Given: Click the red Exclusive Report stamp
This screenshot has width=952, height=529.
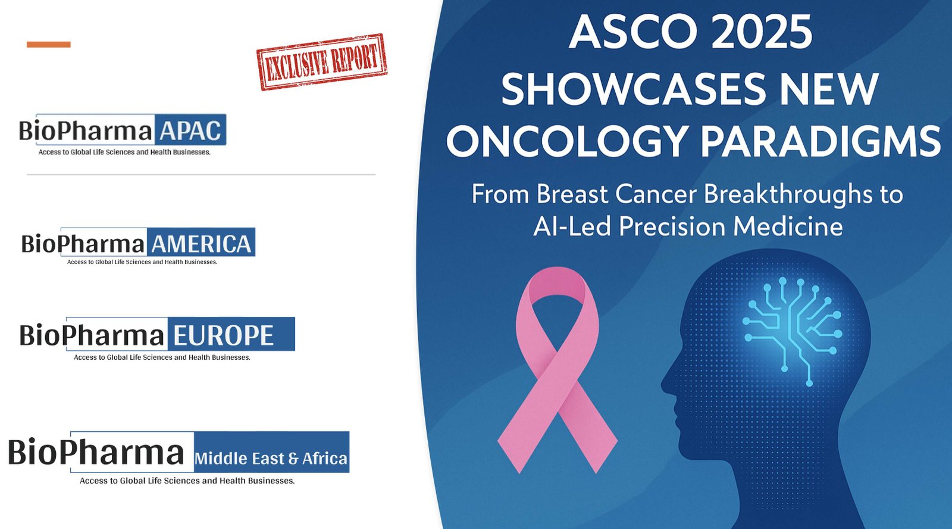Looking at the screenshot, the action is (322, 62).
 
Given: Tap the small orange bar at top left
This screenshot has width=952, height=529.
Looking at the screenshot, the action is (48, 44).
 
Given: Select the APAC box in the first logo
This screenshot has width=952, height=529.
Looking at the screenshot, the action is (190, 130).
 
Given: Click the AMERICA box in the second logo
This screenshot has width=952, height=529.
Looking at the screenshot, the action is (201, 242).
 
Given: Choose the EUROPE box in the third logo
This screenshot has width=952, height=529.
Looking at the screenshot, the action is (231, 334).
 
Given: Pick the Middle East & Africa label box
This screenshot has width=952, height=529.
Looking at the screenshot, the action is (271, 452).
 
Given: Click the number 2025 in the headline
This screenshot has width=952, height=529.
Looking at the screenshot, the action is (761, 32).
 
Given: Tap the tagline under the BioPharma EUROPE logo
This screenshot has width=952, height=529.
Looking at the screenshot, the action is (162, 357).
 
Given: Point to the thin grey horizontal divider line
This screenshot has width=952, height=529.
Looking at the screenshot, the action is (201, 175).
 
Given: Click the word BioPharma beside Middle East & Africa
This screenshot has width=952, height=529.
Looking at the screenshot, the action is (96, 452).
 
